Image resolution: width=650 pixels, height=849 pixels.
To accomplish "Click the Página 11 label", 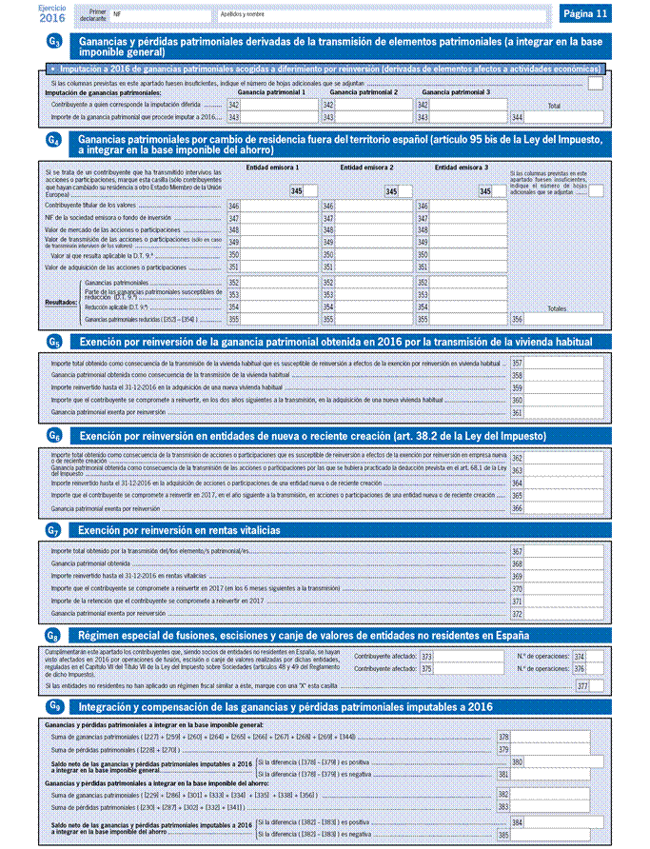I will pyautogui.click(x=584, y=14).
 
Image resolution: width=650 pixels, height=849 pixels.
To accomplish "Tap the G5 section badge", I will pyautogui.click(x=55, y=342).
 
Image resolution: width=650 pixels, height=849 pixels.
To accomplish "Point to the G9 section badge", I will pyautogui.click(x=55, y=707).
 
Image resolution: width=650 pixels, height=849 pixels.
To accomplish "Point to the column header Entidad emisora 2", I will pyautogui.click(x=365, y=168).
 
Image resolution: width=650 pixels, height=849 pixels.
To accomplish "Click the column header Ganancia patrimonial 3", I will pyautogui.click(x=456, y=92).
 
